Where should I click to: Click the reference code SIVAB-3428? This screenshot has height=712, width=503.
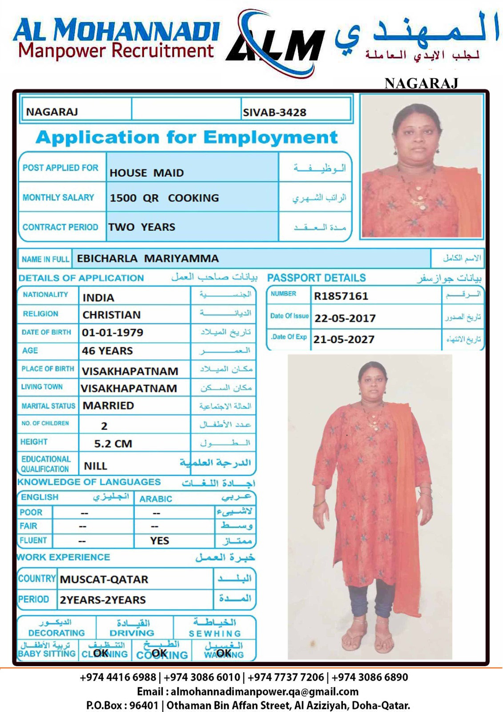coord(274,112)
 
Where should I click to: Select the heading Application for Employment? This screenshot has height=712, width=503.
coord(187,137)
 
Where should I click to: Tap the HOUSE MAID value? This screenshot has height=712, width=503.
coord(146,173)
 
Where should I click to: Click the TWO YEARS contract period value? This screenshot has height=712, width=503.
coord(142,227)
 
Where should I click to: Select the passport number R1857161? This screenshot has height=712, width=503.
coord(341,296)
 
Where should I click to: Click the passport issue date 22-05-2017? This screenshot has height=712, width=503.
coord(345,318)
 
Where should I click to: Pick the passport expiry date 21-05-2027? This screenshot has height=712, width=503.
coord(344,339)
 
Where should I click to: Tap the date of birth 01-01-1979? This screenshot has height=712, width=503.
coord(113,332)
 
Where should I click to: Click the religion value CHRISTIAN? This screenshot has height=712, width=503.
coord(112,315)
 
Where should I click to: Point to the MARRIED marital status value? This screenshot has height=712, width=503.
coord(108,405)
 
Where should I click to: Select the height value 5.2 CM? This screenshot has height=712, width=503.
coord(113,444)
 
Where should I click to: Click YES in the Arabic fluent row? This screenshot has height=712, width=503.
coord(159,541)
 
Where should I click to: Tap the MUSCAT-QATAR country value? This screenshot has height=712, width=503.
coord(104,579)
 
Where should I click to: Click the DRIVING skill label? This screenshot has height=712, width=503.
coord(132,633)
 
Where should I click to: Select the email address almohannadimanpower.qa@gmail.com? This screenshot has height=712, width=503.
coord(264,692)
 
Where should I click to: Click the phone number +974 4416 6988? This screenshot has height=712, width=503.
coord(118,677)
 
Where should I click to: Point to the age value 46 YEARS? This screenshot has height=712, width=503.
coord(107,351)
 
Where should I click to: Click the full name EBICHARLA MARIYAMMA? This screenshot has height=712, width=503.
coord(148,259)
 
